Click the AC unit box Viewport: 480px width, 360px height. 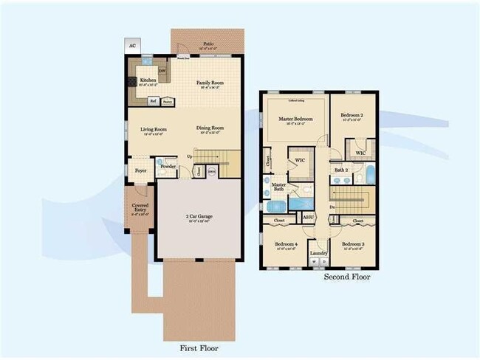click(133, 46)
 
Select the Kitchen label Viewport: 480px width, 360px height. click(148, 80)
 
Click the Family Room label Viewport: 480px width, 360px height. click(210, 83)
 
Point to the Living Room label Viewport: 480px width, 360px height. click(154, 130)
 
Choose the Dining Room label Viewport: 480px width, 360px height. click(210, 130)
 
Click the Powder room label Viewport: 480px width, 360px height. click(168, 166)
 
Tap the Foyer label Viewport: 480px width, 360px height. click(140, 170)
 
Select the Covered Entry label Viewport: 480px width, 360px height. click(140, 207)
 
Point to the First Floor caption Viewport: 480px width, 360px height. click(199, 347)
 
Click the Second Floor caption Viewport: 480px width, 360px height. click(346, 278)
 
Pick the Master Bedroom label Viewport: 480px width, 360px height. click(295, 119)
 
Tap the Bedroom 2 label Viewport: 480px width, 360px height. click(352, 117)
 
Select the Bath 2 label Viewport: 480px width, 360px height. click(340, 170)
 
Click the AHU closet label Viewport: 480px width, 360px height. click(308, 217)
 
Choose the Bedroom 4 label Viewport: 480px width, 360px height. click(286, 244)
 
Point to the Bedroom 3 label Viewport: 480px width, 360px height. click(352, 244)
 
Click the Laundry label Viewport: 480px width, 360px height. click(319, 253)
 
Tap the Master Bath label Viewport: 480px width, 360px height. click(278, 187)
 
